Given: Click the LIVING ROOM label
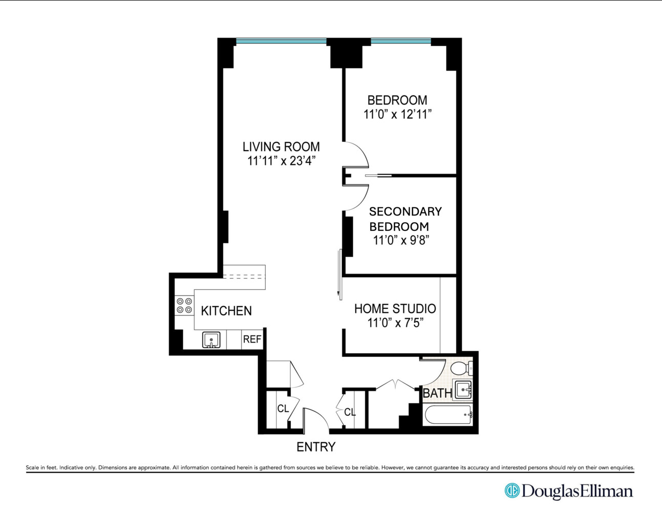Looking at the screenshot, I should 281,147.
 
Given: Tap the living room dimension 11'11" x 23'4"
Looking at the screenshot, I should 281,161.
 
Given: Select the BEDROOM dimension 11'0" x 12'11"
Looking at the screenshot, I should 397,114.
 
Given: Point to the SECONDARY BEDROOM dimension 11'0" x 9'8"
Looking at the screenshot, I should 401,240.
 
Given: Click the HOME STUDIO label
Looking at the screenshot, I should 395,309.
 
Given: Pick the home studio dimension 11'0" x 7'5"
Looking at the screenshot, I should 395,323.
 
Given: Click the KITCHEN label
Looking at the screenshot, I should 226,311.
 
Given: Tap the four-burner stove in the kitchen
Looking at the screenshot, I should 184,306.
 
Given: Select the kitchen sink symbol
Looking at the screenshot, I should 211,340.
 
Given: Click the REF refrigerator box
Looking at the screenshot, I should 252,339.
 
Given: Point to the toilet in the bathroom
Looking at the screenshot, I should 462,368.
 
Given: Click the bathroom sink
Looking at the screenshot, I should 463,390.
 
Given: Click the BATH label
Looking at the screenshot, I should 437,393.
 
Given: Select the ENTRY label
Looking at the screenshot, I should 316,447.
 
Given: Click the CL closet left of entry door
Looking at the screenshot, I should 283,409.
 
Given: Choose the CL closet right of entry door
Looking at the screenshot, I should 350,412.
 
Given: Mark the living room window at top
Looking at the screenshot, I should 281,41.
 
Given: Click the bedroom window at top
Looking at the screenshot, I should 401,41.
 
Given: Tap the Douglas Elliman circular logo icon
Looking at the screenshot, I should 511,490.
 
